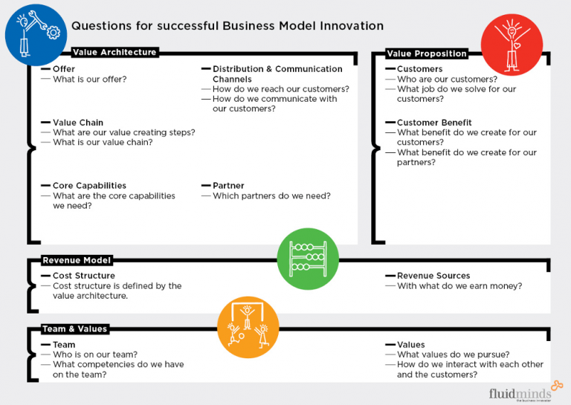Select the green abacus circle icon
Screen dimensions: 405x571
[x=302, y=258]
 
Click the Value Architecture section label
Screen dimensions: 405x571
[x=114, y=53]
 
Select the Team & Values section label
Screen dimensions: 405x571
[x=75, y=329]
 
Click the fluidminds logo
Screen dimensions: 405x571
[x=520, y=393]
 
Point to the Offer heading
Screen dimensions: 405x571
[x=64, y=69]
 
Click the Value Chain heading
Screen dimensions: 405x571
[x=78, y=123]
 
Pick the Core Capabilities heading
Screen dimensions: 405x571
[x=89, y=186]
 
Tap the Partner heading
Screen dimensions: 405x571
[x=228, y=186]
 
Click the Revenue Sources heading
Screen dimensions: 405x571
[x=433, y=276]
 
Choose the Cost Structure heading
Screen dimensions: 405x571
[x=84, y=276]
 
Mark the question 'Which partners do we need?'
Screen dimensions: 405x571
[x=271, y=196]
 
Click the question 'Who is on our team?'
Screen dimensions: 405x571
[x=95, y=354]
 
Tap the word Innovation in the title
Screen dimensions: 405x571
[x=349, y=26]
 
